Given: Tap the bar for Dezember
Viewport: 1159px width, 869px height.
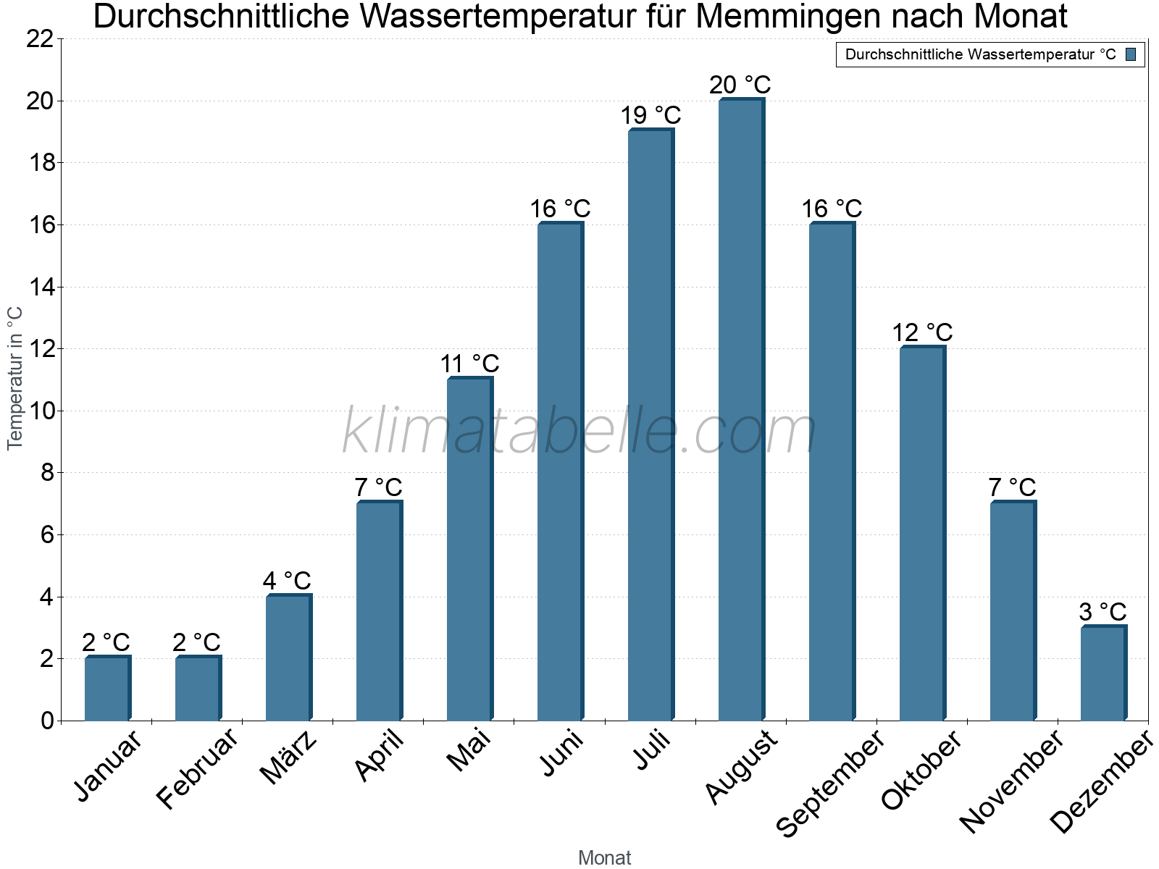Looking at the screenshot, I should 1103,673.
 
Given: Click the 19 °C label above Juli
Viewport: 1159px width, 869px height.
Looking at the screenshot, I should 650,115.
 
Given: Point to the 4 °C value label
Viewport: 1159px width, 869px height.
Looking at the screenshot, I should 287,581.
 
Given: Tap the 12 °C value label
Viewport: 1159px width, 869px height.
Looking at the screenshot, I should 921,332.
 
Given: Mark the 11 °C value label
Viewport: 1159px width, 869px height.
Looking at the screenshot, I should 469,364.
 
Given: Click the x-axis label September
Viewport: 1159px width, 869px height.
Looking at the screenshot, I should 830,782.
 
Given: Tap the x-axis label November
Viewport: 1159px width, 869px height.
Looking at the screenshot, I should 1012,781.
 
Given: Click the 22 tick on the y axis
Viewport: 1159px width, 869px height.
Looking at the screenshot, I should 41,39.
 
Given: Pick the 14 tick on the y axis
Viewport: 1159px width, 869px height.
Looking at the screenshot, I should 41,287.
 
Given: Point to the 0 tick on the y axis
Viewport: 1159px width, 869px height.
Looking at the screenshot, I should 48,721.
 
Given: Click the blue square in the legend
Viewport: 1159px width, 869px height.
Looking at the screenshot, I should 1131,54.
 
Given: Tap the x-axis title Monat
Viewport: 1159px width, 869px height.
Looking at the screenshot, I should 604,858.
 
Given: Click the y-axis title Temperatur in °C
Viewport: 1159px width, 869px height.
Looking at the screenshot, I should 15,378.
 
